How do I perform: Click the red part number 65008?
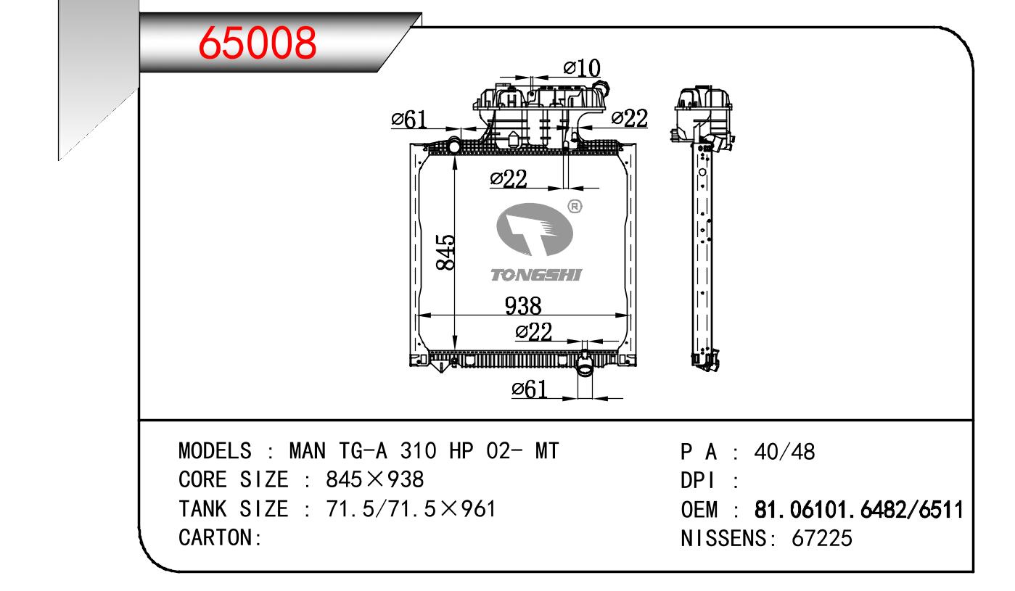[258, 43]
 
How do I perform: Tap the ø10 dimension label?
[582, 68]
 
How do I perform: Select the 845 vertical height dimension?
[445, 252]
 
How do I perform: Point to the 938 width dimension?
[523, 306]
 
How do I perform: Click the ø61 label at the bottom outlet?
[529, 389]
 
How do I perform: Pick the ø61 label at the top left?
[408, 120]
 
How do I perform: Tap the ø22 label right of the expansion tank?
[630, 118]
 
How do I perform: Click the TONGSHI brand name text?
[536, 274]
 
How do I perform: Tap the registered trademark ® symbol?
[575, 207]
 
